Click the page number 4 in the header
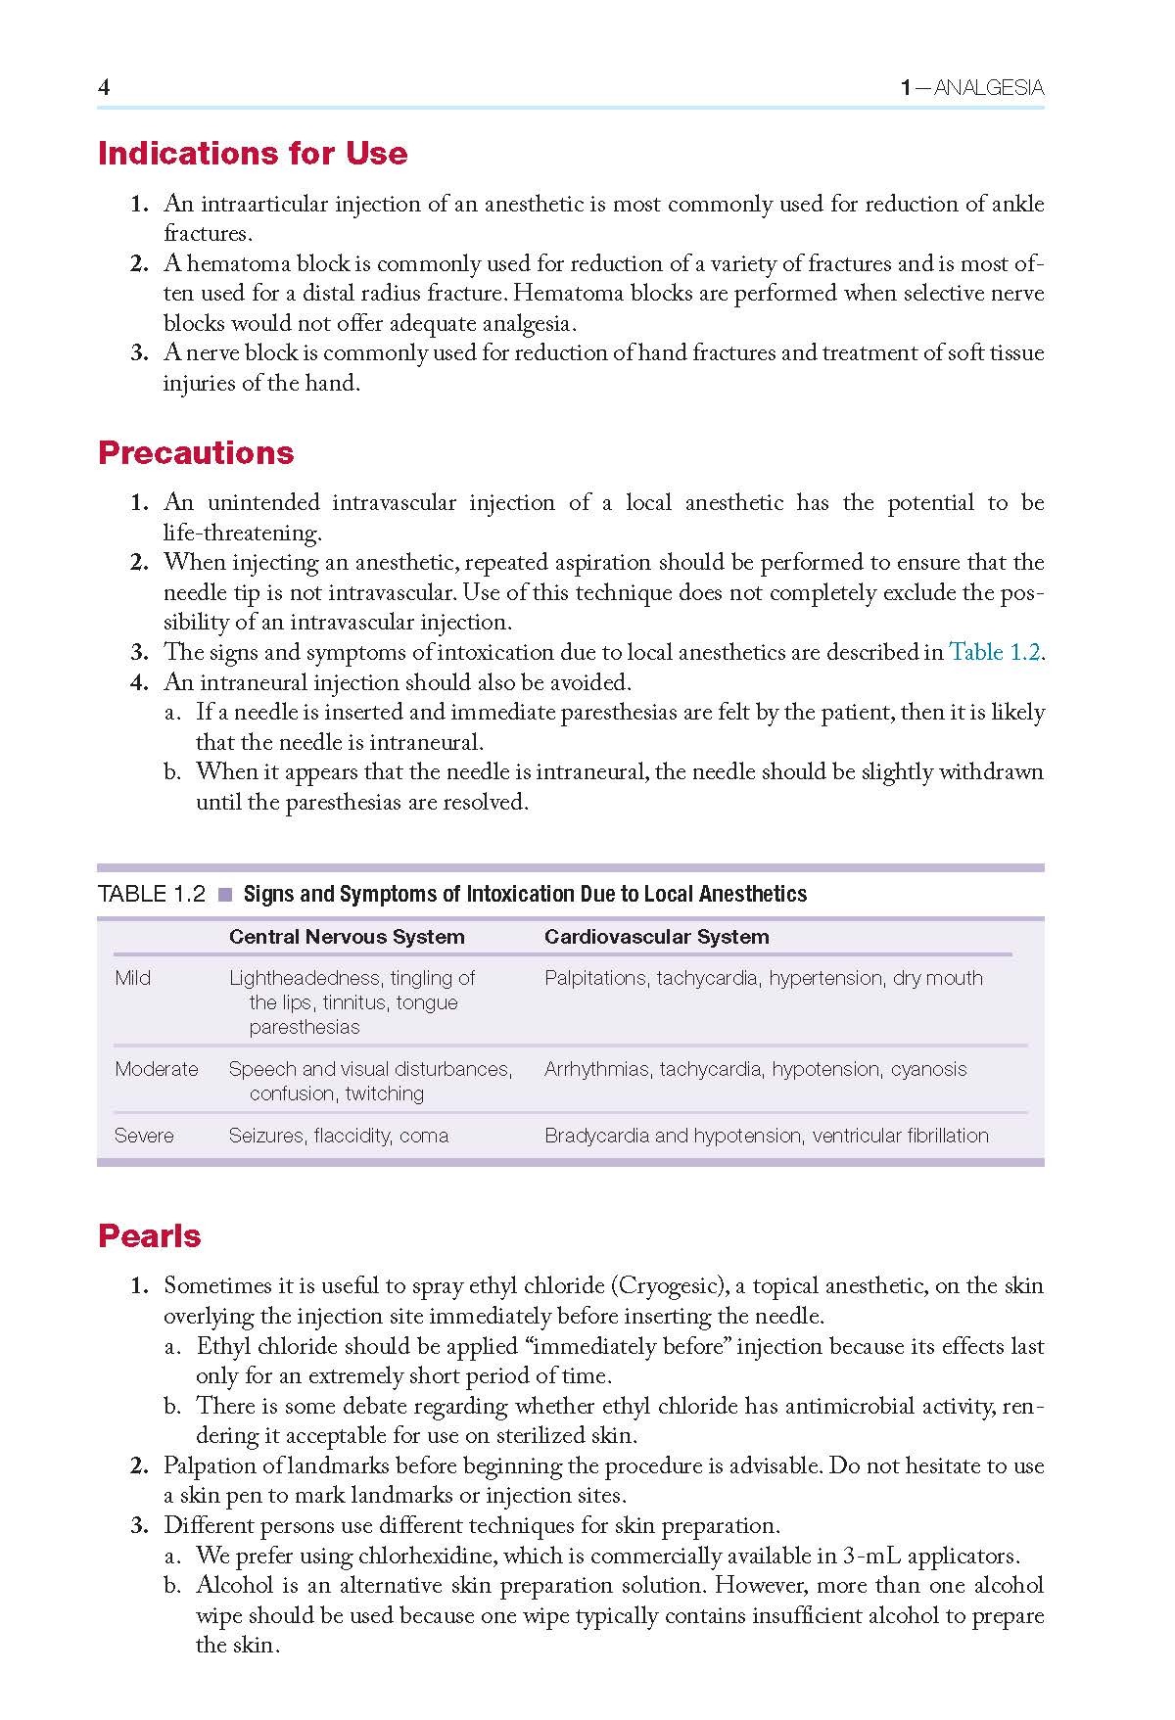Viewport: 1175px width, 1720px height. tap(104, 87)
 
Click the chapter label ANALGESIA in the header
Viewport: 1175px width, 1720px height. tap(988, 88)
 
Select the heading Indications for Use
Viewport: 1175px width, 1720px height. tap(253, 154)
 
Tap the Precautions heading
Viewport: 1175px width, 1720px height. tap(196, 452)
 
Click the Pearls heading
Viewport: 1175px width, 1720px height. tap(149, 1235)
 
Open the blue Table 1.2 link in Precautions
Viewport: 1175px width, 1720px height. tap(994, 652)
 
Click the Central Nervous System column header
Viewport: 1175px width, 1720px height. tap(347, 937)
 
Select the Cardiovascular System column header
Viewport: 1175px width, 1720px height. tap(656, 937)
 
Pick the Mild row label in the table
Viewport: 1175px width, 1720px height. tap(132, 978)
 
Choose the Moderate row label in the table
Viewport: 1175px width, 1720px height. tap(156, 1069)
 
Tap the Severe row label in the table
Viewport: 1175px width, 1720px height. tap(143, 1136)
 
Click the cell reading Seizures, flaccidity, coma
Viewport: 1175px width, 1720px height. tap(338, 1136)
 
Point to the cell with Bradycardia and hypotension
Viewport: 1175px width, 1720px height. tap(766, 1136)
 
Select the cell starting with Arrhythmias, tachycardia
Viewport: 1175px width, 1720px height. tap(755, 1069)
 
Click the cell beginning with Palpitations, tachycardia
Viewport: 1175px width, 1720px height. tap(763, 978)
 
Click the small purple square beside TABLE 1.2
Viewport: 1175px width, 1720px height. tap(225, 894)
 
